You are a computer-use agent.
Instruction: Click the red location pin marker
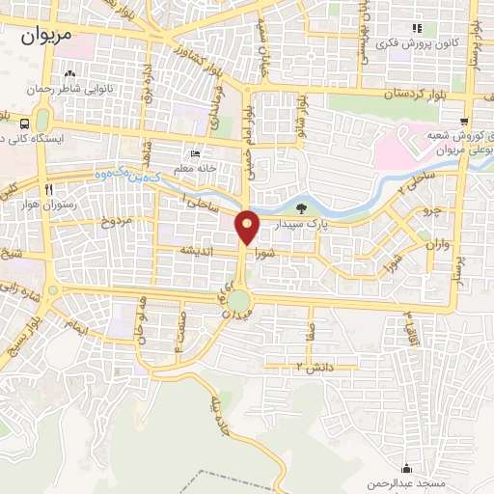[x=248, y=227]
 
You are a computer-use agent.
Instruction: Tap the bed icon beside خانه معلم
[x=196, y=153]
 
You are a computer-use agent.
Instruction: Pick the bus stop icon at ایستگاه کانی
[x=23, y=123]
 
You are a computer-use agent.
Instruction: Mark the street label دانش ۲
[x=313, y=367]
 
